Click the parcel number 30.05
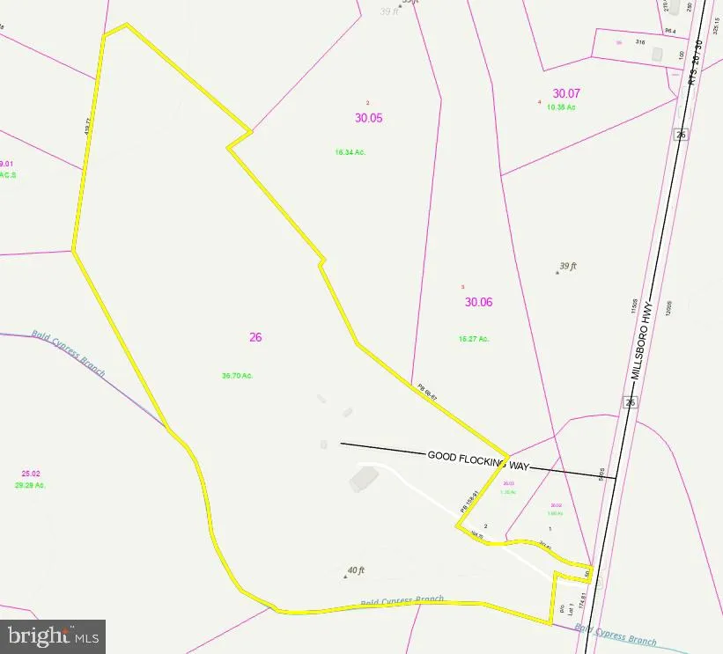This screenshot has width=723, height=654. point(369,118)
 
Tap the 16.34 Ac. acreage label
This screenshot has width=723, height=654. point(350,152)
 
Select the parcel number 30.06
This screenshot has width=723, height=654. point(478,302)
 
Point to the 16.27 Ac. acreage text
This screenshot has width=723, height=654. point(473,339)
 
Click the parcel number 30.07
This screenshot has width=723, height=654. point(566,93)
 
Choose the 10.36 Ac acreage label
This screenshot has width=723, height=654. point(561,107)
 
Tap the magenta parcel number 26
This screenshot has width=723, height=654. point(256,336)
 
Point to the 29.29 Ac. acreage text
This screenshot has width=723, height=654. point(30,485)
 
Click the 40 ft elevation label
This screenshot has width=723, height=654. point(356,570)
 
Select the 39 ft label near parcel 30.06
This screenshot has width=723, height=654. point(568,266)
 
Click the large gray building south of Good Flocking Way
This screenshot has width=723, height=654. point(361,479)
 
